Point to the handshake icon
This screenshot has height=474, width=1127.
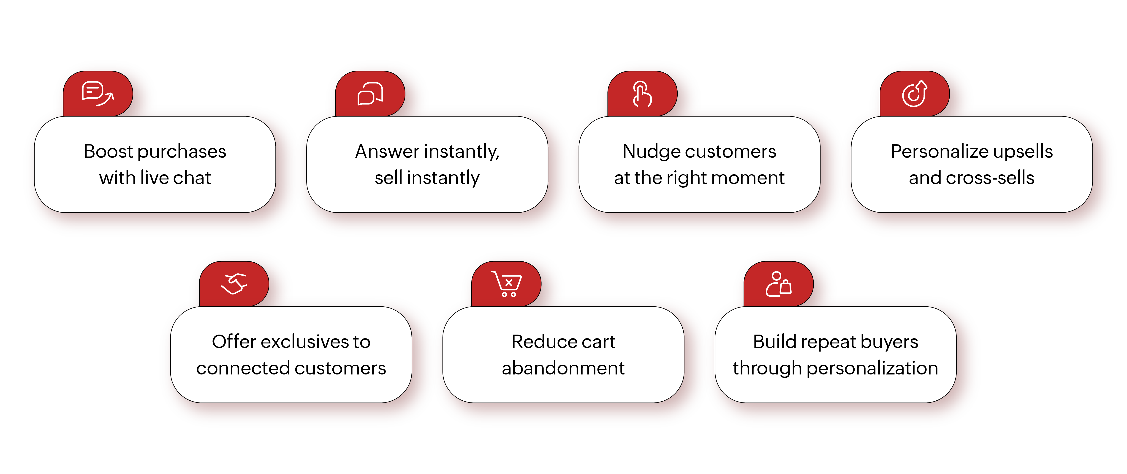point(234,284)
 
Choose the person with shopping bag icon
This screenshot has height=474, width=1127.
point(778,284)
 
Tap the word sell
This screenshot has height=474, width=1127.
point(388,178)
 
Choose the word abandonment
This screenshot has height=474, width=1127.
point(563,368)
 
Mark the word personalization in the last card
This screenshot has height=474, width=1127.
point(872,368)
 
